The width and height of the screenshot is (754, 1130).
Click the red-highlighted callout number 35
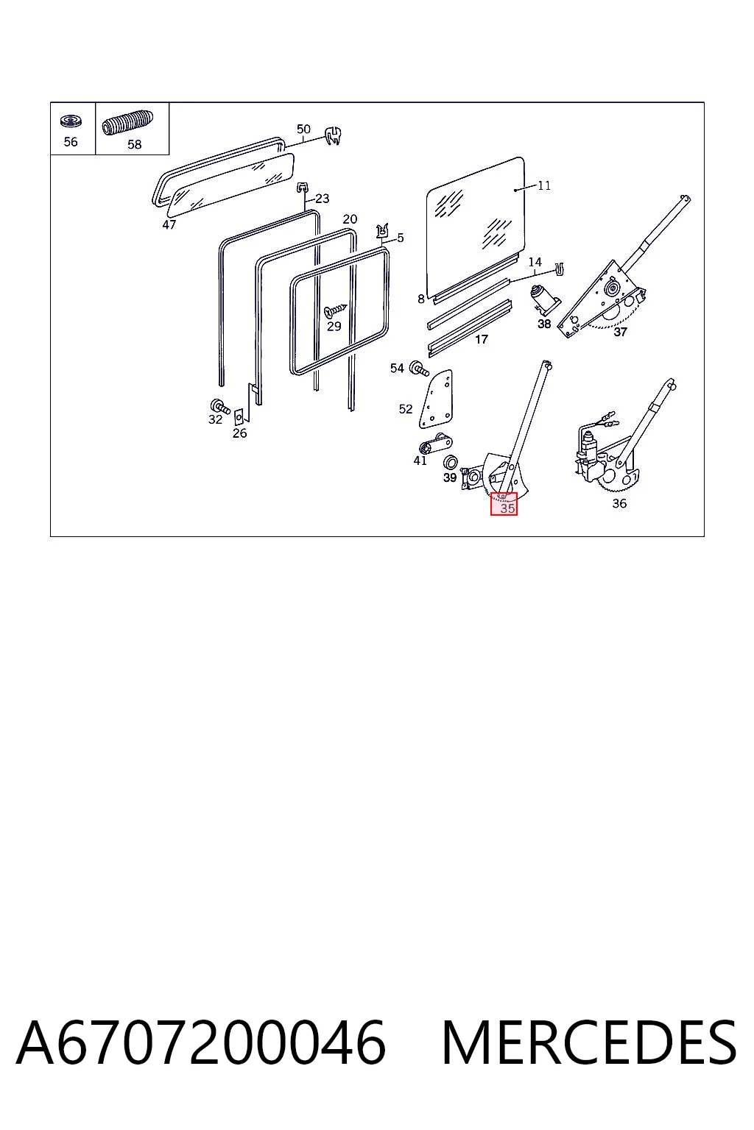[507, 508]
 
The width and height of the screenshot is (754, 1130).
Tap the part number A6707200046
[201, 1042]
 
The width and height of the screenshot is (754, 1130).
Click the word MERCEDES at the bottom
[589, 1042]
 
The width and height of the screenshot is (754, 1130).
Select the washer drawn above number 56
[71, 121]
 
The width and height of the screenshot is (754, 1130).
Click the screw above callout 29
[335, 309]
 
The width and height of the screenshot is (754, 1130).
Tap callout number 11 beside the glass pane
[544, 185]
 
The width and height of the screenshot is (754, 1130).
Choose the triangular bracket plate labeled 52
[437, 399]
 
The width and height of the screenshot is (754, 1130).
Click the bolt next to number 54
[419, 369]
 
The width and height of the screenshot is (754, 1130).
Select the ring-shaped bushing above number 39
[450, 461]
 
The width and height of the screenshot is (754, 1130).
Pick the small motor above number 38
[543, 301]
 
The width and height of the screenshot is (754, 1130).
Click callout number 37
[620, 332]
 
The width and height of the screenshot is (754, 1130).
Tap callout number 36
[619, 503]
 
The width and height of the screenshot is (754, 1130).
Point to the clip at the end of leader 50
[334, 135]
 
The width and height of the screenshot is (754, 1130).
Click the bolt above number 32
[219, 405]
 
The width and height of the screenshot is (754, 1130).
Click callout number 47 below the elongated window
[169, 224]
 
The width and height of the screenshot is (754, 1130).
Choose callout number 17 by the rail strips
[482, 339]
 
